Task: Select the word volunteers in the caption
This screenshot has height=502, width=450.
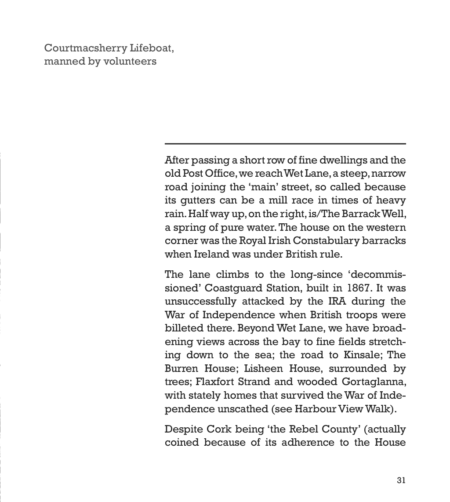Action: point(130,61)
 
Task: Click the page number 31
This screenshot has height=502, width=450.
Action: point(401,480)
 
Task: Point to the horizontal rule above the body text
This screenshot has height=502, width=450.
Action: point(285,144)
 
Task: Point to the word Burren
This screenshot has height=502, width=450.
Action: point(181,368)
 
